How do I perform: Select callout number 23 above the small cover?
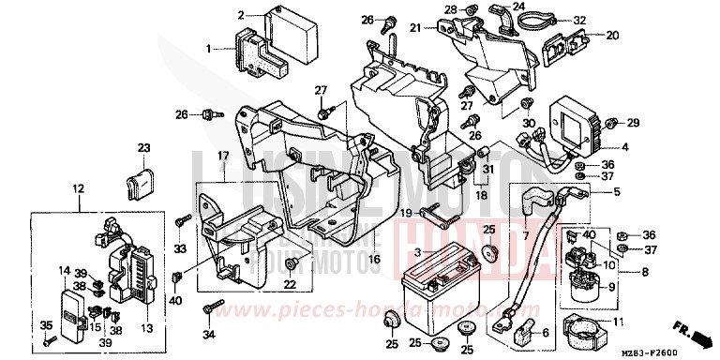coord(143,148)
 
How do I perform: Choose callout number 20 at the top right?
coord(612,36)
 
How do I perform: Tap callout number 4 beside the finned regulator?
coord(626,147)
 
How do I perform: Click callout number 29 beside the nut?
coord(633,123)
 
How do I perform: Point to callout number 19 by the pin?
coord(406,215)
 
